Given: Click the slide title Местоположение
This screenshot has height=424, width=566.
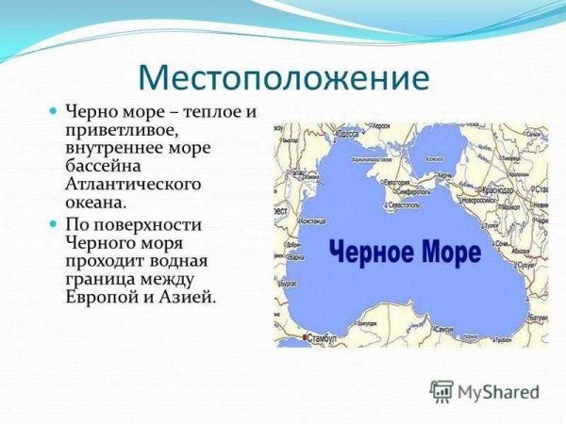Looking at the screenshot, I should pyautogui.click(x=283, y=76).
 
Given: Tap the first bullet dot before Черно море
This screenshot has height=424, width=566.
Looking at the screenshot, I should pyautogui.click(x=54, y=112).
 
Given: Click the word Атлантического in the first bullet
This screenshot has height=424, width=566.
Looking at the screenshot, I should pyautogui.click(x=133, y=184).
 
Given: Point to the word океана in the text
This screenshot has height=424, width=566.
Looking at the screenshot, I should pyautogui.click(x=94, y=202).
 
